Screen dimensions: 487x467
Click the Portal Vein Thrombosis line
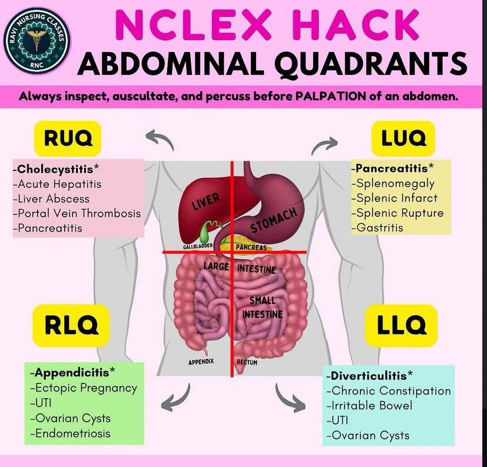[79, 213]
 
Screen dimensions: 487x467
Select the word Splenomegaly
[395, 183]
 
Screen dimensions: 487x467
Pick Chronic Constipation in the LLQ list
[391, 390]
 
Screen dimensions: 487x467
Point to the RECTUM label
[247, 362]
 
